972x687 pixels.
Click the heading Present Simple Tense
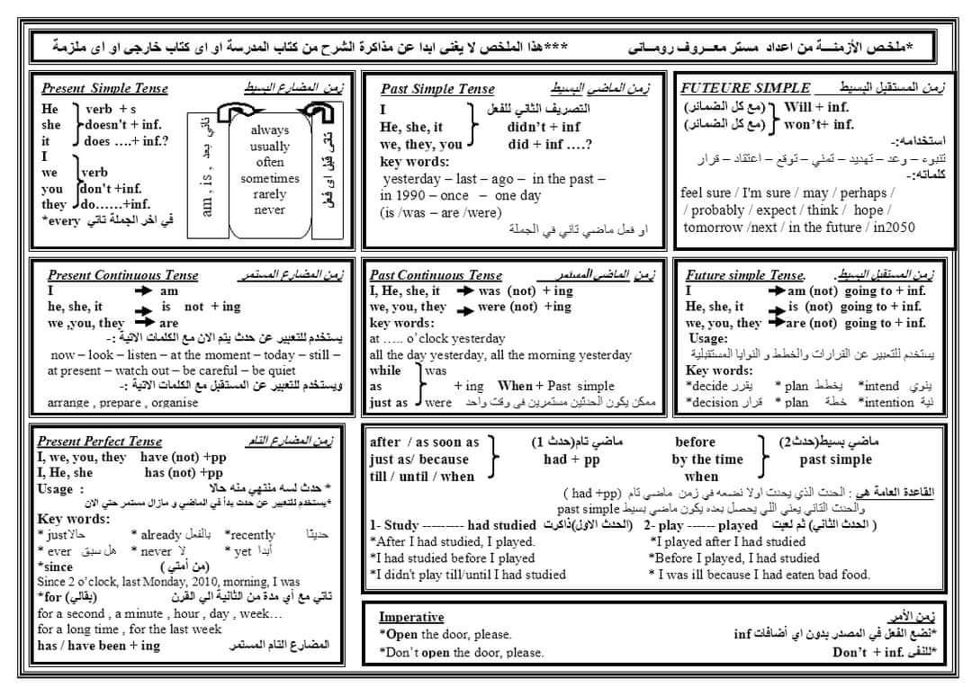coord(105,88)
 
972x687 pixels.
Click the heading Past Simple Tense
coord(437,88)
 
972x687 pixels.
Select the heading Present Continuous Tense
coord(122,275)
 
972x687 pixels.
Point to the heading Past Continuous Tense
coord(436,275)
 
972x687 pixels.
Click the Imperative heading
coord(411,617)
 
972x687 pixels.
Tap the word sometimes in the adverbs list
coord(269,178)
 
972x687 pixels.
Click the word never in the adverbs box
coord(269,210)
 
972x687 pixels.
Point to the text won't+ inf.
coord(819,124)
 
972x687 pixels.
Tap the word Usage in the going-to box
coord(707,338)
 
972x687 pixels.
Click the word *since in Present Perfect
coord(56,567)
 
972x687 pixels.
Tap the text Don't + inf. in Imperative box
coord(868,652)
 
